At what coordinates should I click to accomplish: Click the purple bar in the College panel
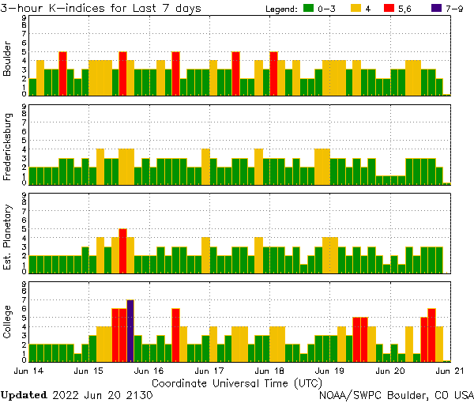[x=130, y=330]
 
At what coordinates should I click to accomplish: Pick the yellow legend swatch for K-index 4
[x=356, y=9]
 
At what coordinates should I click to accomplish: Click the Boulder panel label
[x=8, y=59]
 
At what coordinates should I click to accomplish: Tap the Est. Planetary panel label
[x=8, y=236]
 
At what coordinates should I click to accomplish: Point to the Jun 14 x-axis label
[x=29, y=369]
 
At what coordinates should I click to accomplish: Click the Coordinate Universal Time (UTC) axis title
[x=238, y=382]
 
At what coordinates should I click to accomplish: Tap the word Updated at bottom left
[x=23, y=394]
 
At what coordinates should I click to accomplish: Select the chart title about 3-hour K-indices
[x=101, y=8]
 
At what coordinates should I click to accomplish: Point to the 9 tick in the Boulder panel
[x=24, y=17]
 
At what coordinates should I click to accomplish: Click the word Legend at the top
[x=280, y=9]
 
